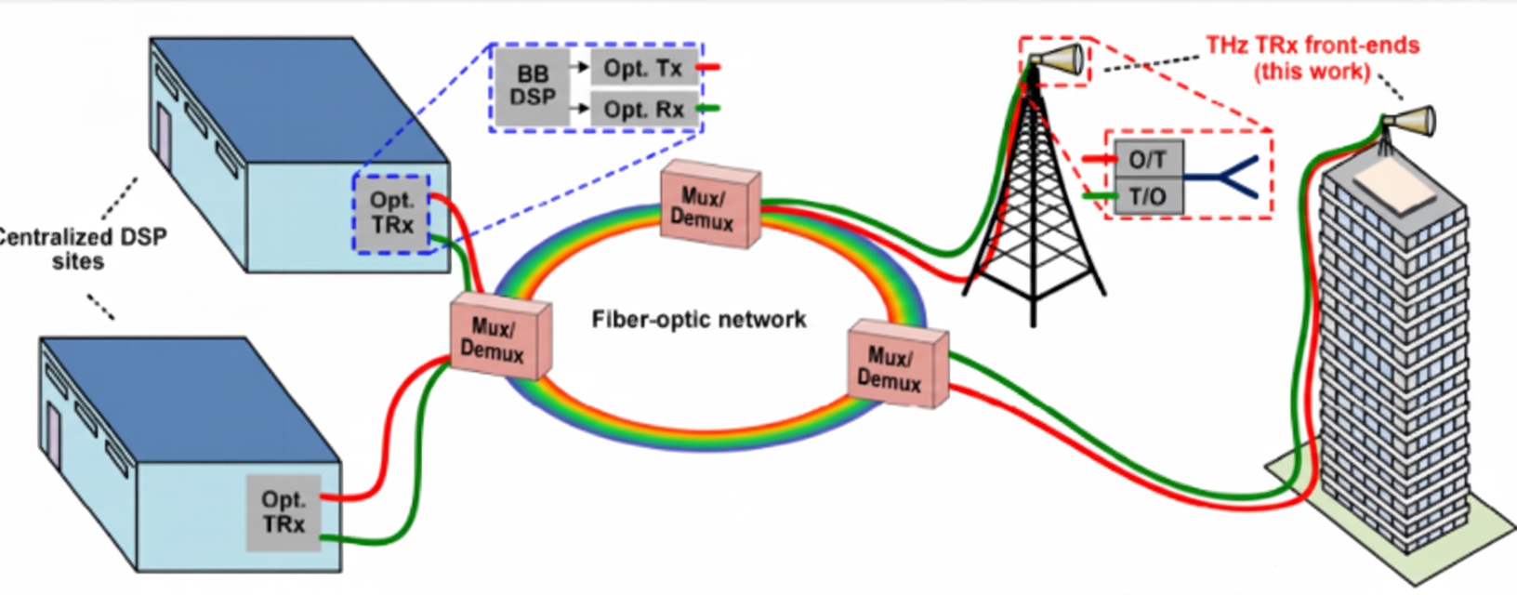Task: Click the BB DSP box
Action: [x=532, y=86]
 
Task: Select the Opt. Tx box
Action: [x=643, y=68]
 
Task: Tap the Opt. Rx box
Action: [x=643, y=109]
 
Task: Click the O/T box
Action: [x=1148, y=160]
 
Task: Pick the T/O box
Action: [x=1148, y=196]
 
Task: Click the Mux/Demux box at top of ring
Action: [x=709, y=208]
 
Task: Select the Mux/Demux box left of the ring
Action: [x=499, y=339]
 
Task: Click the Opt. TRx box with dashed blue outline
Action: [x=391, y=213]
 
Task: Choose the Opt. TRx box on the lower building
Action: [x=284, y=512]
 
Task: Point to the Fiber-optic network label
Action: [x=699, y=320]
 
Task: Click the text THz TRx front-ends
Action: [x=1313, y=46]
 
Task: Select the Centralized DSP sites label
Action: [x=79, y=248]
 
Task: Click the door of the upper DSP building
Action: [x=164, y=137]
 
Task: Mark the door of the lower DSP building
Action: [x=53, y=436]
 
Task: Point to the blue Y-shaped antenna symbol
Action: [x=1232, y=177]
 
